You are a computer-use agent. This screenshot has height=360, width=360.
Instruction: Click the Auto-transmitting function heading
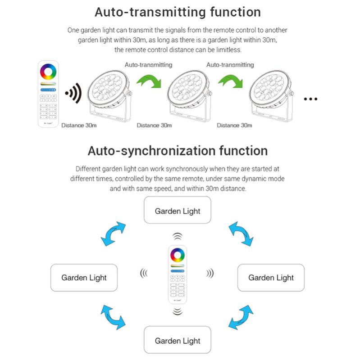[x=178, y=12]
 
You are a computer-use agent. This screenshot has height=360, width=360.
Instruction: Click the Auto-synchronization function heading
[x=178, y=150]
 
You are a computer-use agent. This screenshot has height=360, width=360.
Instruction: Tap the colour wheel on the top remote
[x=48, y=72]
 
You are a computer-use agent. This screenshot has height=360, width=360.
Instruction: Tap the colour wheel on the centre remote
[x=177, y=255]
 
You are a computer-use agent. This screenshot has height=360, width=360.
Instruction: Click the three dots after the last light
[x=310, y=99]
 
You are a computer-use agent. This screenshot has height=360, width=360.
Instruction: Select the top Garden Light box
[x=178, y=210]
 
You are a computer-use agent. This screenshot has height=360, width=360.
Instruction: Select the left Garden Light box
[x=84, y=278]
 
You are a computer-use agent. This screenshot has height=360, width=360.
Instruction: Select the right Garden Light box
[x=271, y=278]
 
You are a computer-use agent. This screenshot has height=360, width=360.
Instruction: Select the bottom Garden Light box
[x=178, y=341]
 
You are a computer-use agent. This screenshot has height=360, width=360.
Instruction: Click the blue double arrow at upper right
[x=241, y=234]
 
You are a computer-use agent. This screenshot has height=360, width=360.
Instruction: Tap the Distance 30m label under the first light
[x=79, y=126]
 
